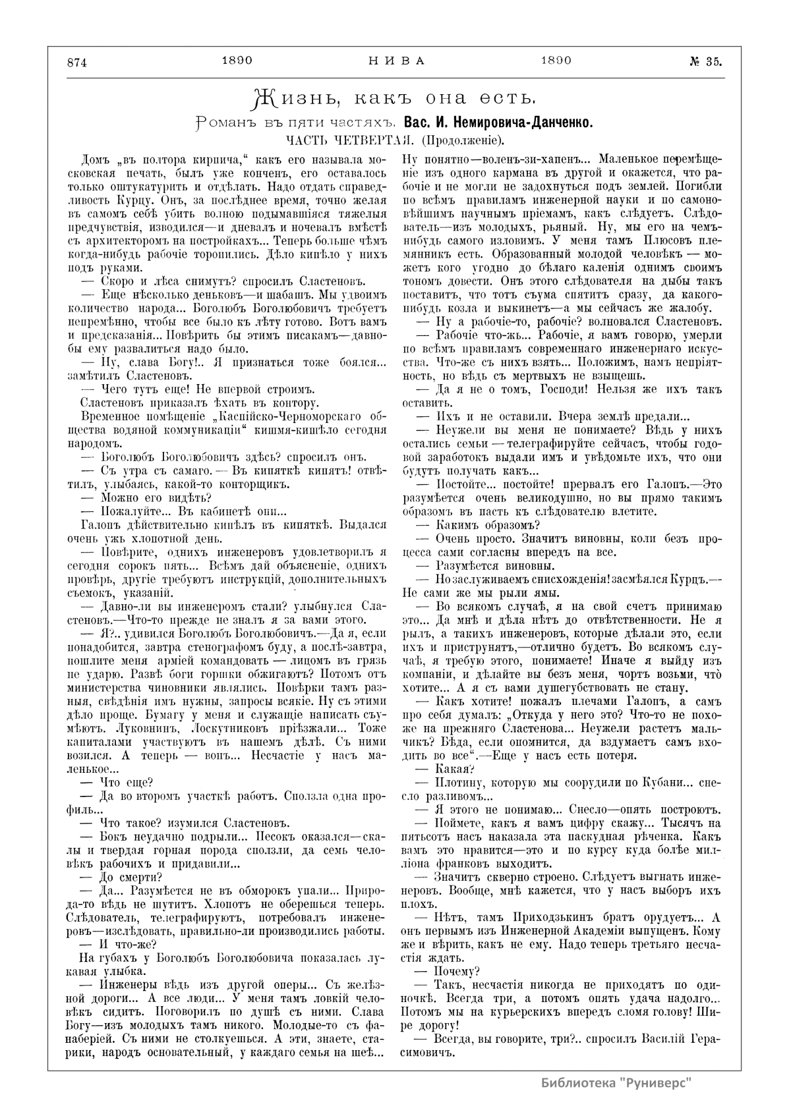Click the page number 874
(x=78, y=63)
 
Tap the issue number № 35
(x=705, y=62)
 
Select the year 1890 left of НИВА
(x=238, y=61)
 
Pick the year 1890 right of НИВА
(x=556, y=61)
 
